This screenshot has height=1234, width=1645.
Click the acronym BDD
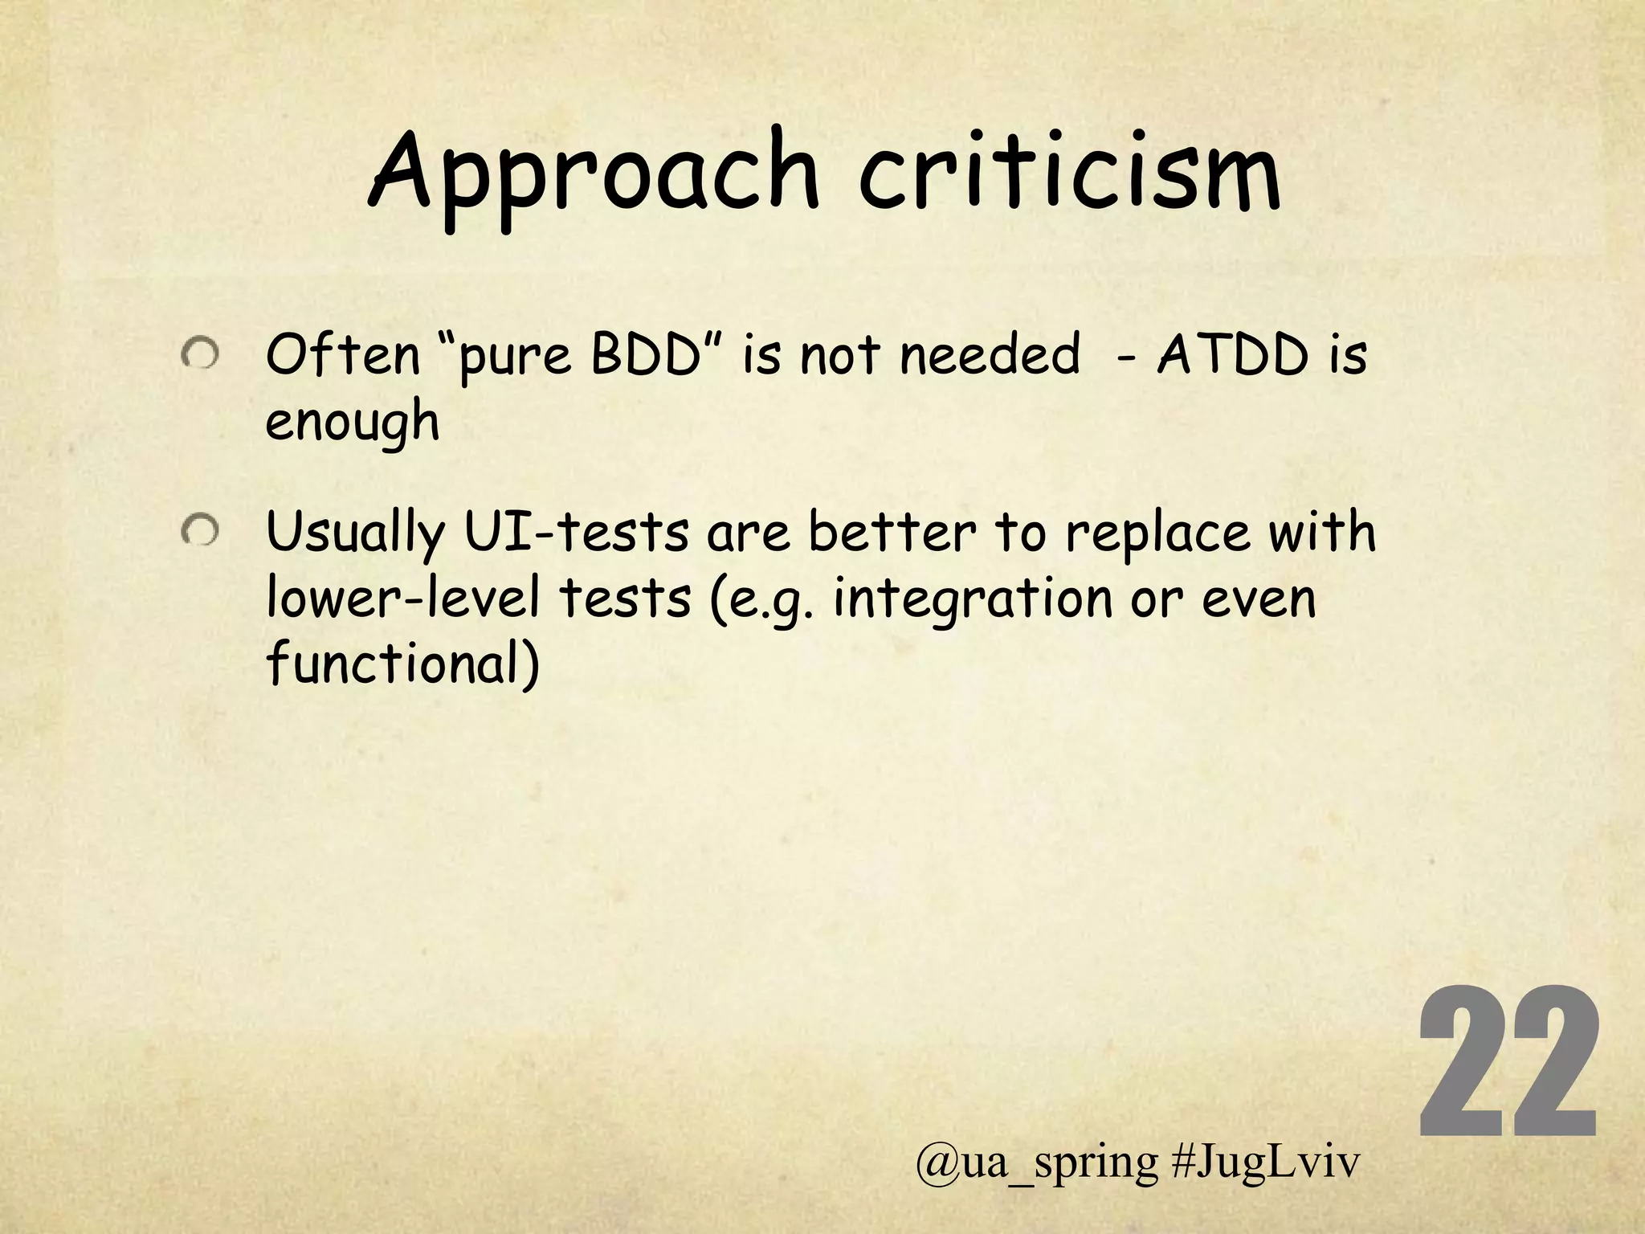pyautogui.click(x=646, y=354)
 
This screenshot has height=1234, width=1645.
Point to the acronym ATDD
pyautogui.click(x=1233, y=354)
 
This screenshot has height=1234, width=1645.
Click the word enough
pyautogui.click(x=352, y=421)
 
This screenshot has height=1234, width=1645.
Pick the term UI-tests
pyautogui.click(x=577, y=532)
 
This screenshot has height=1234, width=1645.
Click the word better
pyautogui.click(x=892, y=532)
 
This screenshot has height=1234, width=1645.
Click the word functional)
pyautogui.click(x=402, y=664)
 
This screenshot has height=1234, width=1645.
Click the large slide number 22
pyautogui.click(x=1508, y=1065)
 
